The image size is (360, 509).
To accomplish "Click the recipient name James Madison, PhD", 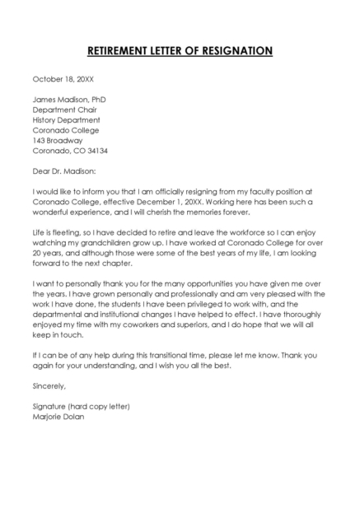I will click(69, 100).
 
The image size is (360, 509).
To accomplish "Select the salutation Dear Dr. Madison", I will click(64, 171).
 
